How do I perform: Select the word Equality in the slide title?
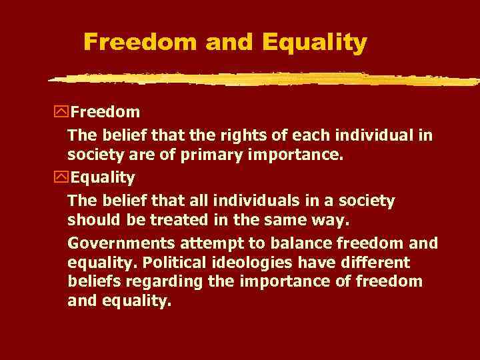point(314,43)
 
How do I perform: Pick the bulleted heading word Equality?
point(103,178)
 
